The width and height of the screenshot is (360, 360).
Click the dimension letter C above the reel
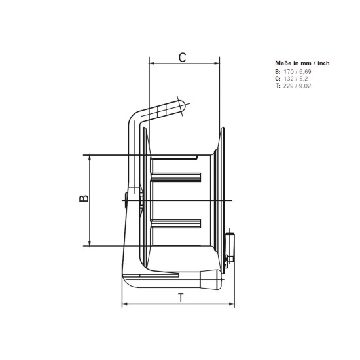coord(183,57)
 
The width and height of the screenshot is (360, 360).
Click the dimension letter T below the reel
coord(180,298)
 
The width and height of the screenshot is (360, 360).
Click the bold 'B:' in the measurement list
coord(278,71)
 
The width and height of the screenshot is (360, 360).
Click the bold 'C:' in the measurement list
coord(278,78)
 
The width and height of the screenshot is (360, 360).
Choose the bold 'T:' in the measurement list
coord(278,86)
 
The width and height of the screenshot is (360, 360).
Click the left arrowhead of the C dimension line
coord(152,65)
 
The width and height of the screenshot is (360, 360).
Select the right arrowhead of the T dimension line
coord(234,305)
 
